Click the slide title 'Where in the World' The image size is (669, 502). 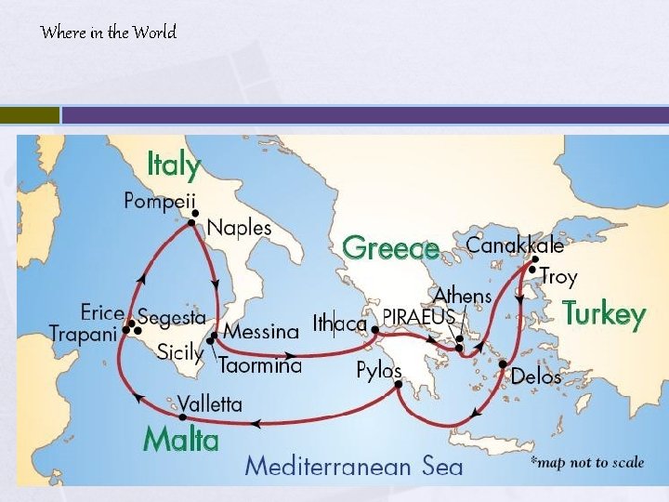[x=109, y=33]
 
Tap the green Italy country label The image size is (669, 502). [x=174, y=165]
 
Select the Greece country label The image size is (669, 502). [x=390, y=248]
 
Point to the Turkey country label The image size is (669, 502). [x=603, y=314]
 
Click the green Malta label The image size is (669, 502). [x=181, y=439]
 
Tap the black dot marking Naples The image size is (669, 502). [x=192, y=223]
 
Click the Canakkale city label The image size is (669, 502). [x=515, y=245]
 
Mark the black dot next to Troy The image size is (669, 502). [x=531, y=271]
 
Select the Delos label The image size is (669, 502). [x=536, y=377]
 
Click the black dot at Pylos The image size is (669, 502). [x=398, y=384]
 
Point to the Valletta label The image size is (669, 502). [x=210, y=404]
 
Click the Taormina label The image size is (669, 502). [x=260, y=366]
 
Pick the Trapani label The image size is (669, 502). [x=82, y=333]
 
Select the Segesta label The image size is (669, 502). [x=172, y=317]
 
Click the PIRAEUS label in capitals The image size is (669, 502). [x=419, y=316]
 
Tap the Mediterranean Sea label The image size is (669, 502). [x=353, y=466]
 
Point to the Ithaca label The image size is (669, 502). [x=340, y=324]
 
